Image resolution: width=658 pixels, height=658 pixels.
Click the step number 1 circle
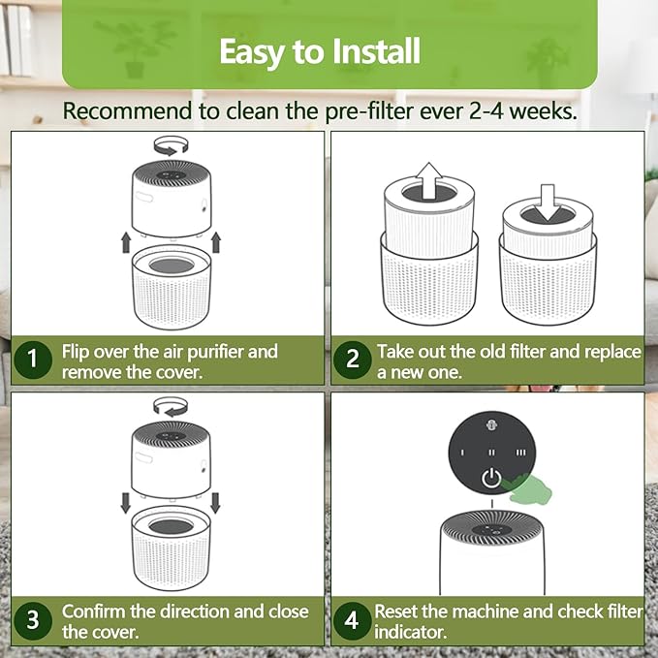click(33, 360)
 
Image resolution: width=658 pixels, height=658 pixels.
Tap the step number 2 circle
click(353, 360)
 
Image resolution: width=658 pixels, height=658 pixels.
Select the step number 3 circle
click(33, 620)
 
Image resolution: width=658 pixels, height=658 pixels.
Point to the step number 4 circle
click(352, 620)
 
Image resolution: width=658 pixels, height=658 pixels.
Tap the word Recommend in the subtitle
click(128, 111)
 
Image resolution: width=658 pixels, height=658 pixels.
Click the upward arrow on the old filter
click(429, 180)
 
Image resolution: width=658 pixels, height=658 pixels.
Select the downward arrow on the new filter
click(548, 203)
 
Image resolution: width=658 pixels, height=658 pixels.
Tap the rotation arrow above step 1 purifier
click(171, 146)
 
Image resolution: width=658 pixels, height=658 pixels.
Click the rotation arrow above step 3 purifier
click(171, 407)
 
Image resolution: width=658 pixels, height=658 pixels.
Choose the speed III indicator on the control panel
click(520, 453)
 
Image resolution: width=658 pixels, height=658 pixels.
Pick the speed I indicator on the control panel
click(462, 453)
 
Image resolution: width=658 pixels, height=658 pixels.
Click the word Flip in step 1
click(76, 352)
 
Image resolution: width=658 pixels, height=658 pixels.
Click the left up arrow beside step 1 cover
click(126, 243)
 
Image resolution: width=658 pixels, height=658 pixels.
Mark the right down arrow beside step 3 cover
click(215, 503)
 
